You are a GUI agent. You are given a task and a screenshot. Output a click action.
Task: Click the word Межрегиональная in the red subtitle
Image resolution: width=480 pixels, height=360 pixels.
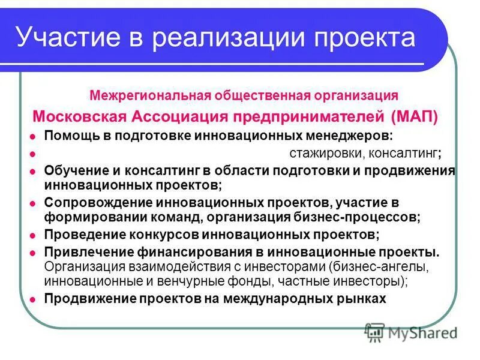tap(146, 95)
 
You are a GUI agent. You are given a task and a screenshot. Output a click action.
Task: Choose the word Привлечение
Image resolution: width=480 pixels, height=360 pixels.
tap(85, 251)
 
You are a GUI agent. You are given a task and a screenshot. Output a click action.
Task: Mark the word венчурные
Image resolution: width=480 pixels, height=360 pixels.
tap(200, 280)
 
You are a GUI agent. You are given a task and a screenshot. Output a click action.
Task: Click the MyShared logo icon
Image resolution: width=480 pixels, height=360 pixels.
tap(374, 331)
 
